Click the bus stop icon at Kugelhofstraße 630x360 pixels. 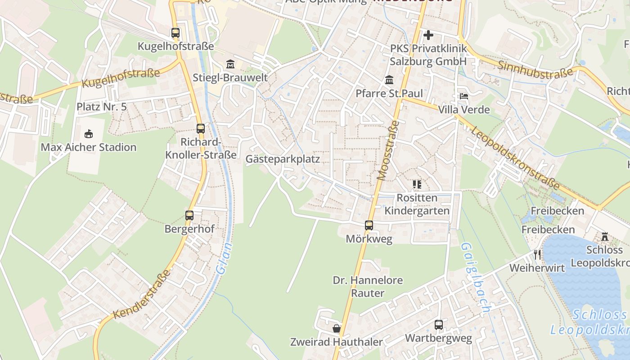tap(175, 33)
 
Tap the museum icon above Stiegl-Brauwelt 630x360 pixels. tap(230, 64)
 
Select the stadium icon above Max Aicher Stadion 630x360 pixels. tap(89, 134)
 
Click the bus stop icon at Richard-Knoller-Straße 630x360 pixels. tap(201, 128)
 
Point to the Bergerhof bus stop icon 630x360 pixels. tap(189, 215)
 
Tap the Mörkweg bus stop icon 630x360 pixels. tap(369, 225)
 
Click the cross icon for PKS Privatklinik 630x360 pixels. tap(428, 35)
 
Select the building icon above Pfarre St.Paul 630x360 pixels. tap(389, 80)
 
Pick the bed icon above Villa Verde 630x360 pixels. tap(464, 96)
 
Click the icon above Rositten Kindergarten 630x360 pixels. tap(417, 184)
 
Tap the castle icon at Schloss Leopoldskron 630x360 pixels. tap(604, 236)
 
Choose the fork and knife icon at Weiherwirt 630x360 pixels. tap(537, 255)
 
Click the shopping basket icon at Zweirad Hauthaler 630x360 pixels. tap(336, 328)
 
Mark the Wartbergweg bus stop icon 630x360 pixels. tap(439, 324)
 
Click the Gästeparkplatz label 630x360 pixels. tap(283, 159)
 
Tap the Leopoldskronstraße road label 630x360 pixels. tap(515, 157)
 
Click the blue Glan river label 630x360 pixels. tap(224, 258)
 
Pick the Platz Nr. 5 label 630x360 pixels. tap(102, 107)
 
